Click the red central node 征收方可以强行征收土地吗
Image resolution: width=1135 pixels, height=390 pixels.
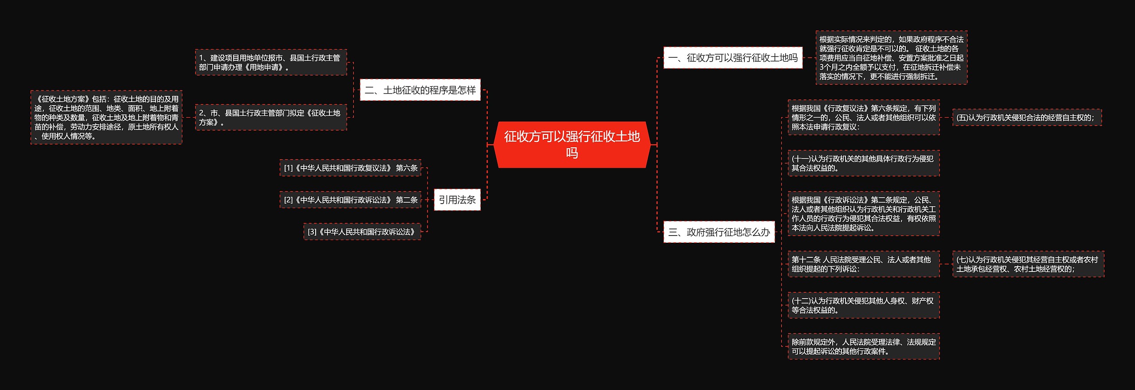pyautogui.click(x=571, y=145)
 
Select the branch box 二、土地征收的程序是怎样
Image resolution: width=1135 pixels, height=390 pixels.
pyautogui.click(x=420, y=90)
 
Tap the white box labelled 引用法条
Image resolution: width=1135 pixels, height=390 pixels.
pyautogui.click(x=457, y=200)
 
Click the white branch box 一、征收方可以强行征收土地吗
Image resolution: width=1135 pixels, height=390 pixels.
pyautogui.click(x=732, y=58)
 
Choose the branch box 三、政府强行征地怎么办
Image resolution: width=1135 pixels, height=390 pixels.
pyautogui.click(x=719, y=232)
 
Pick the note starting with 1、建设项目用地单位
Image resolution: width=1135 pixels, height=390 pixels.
pyautogui.click(x=271, y=63)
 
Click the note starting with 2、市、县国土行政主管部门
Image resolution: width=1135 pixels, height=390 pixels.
pyautogui.click(x=271, y=118)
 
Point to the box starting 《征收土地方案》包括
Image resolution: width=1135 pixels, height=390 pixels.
pyautogui.click(x=106, y=118)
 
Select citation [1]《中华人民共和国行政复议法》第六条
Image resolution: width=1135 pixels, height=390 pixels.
pyautogui.click(x=350, y=168)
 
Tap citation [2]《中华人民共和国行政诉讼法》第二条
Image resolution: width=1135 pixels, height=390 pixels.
pyautogui.click(x=350, y=200)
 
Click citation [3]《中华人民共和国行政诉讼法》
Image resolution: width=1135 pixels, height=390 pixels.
pyautogui.click(x=362, y=232)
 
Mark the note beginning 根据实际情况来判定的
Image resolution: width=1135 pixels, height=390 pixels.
pyautogui.click(x=891, y=58)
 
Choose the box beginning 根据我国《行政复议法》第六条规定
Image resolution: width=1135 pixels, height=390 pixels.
pyautogui.click(x=863, y=118)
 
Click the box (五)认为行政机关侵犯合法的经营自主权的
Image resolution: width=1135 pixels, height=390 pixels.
pyautogui.click(x=1027, y=118)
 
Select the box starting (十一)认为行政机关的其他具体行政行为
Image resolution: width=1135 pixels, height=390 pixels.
pyautogui.click(x=863, y=163)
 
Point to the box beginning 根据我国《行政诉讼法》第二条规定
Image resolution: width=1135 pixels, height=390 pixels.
pyautogui.click(x=863, y=214)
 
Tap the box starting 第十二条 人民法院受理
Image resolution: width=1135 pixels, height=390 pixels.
pyautogui.click(x=863, y=264)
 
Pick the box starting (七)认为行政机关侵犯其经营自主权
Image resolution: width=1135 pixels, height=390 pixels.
pyautogui.click(x=1028, y=264)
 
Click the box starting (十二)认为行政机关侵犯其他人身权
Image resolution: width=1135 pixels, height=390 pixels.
pyautogui.click(x=863, y=305)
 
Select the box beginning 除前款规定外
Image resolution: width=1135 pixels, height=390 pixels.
pyautogui.click(x=863, y=347)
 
